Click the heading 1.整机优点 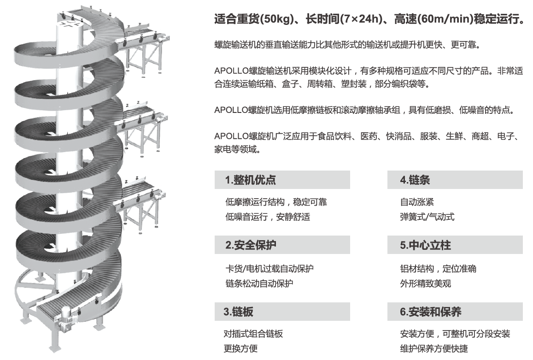[251, 180]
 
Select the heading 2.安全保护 [251, 245]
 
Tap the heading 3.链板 [238, 312]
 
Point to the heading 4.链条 [415, 180]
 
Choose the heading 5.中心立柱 [425, 245]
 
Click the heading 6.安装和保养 [430, 312]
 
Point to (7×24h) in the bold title [362, 18]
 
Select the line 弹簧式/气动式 [427, 217]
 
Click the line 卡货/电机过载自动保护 [269, 269]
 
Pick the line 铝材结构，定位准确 [438, 269]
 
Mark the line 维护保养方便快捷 [434, 348]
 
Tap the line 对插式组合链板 [253, 334]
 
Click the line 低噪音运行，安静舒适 [268, 217]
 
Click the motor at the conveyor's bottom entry [66, 319]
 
